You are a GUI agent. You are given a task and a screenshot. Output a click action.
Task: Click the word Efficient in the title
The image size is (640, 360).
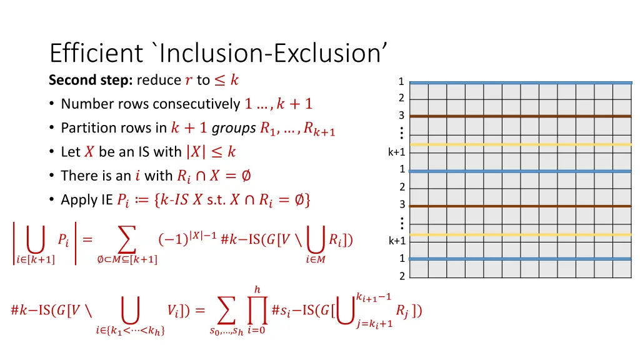click(x=96, y=53)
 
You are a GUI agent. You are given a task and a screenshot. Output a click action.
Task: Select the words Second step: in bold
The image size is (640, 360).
click(x=91, y=80)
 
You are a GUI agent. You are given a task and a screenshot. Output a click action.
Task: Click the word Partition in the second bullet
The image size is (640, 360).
click(x=83, y=128)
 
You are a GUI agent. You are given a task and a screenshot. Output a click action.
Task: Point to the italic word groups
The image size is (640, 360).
click(x=234, y=128)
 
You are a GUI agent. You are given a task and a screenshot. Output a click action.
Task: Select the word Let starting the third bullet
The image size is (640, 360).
click(x=71, y=152)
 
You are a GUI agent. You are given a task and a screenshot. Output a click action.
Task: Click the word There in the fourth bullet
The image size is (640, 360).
click(x=76, y=176)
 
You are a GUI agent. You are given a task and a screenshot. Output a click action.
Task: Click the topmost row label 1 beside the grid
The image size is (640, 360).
click(x=401, y=81)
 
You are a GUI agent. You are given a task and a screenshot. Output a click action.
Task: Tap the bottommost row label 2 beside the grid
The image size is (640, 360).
click(x=402, y=276)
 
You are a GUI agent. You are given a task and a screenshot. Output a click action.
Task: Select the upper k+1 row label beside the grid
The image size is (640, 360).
click(x=397, y=152)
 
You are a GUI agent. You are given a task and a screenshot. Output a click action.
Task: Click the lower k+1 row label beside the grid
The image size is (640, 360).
click(x=397, y=241)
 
